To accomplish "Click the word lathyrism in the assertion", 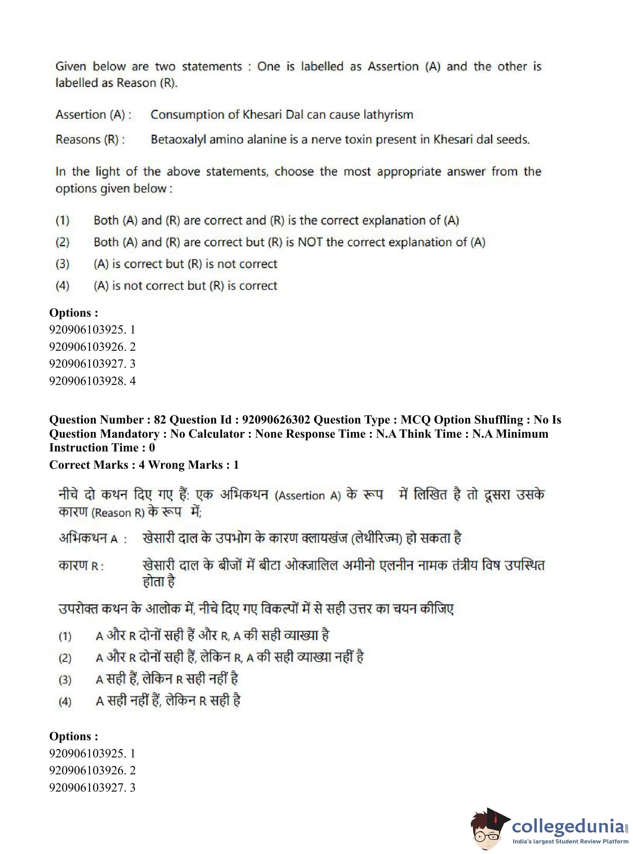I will [x=388, y=115].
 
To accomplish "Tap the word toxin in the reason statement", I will [x=355, y=140].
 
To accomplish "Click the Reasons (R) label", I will [x=90, y=140].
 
